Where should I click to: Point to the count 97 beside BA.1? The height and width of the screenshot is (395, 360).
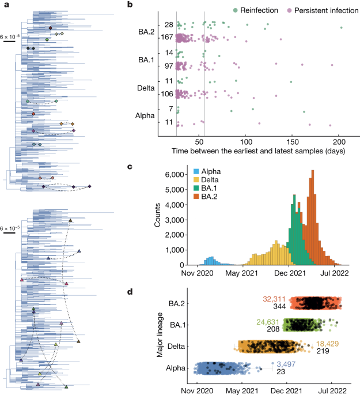click(x=168, y=66)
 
